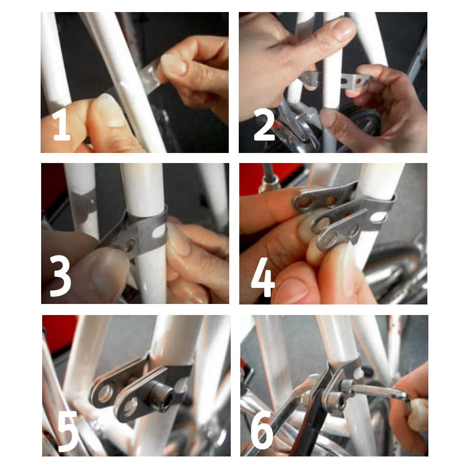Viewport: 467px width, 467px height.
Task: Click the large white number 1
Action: [x=61, y=124]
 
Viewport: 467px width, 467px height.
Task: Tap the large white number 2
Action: [x=264, y=124]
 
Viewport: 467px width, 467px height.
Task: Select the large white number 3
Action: [x=61, y=276]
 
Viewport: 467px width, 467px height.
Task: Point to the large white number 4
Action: [x=263, y=277]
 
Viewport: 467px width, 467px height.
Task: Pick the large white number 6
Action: [x=262, y=430]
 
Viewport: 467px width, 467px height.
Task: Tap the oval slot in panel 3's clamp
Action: [x=159, y=232]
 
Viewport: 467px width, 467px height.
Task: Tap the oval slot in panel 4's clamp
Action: [x=378, y=217]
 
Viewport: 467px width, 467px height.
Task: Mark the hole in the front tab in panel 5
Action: [x=130, y=406]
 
